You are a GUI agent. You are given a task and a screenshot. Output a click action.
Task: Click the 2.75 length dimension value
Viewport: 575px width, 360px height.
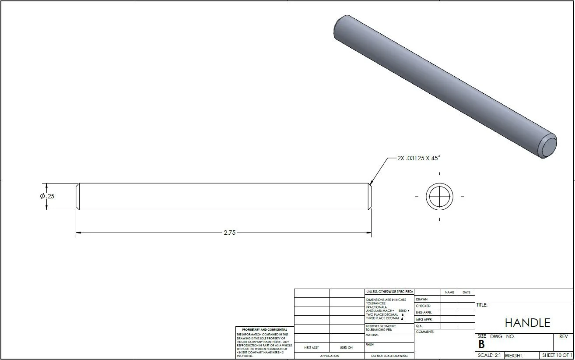(x=229, y=233)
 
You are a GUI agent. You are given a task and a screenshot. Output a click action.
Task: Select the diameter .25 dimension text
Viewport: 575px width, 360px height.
(x=47, y=196)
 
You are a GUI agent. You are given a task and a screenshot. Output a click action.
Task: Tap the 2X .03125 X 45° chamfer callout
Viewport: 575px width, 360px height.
(x=418, y=158)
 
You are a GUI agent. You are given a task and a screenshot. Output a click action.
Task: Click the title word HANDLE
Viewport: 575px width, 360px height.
(x=527, y=323)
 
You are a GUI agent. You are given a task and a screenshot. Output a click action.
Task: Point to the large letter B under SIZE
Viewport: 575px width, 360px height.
(x=481, y=344)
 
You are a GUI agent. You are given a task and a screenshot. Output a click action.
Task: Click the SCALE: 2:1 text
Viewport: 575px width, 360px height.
(x=489, y=355)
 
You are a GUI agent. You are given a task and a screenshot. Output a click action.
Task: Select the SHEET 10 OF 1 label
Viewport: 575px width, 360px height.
(x=557, y=355)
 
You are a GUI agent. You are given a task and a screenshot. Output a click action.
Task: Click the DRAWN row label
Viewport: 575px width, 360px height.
(x=421, y=299)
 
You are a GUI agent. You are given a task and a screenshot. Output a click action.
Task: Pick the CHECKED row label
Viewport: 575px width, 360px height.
(x=423, y=306)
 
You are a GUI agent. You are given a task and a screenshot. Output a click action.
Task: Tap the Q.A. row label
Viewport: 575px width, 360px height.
(x=419, y=326)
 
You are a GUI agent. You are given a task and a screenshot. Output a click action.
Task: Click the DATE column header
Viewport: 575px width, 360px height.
(x=466, y=292)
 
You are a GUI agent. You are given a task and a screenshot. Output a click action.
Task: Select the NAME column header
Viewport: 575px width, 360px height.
(x=449, y=292)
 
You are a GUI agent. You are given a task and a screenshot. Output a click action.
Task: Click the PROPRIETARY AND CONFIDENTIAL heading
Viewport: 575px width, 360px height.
(x=265, y=329)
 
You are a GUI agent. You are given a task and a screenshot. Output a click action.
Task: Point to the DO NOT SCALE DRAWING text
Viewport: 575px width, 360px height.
(x=389, y=356)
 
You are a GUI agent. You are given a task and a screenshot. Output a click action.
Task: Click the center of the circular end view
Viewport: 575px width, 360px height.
(x=439, y=197)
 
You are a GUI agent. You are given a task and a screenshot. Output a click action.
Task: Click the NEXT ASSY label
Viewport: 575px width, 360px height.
(x=311, y=347)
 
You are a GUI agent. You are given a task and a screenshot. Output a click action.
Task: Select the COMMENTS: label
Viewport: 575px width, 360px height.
(x=425, y=332)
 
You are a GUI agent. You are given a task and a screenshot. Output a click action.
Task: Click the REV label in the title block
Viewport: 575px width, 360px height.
(x=563, y=336)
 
